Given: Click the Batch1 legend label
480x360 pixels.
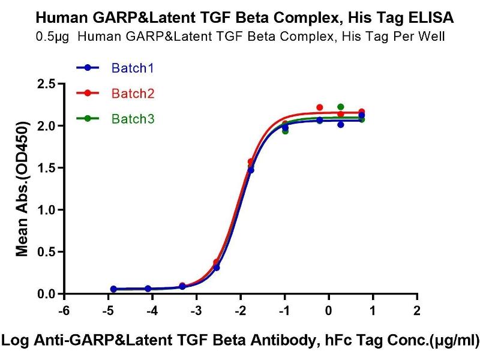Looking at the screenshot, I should coord(133,68).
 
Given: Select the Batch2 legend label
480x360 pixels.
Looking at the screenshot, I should coord(133,94).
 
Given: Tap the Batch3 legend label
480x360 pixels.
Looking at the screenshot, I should coord(133,119).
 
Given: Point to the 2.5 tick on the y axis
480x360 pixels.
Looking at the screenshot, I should coord(47,84).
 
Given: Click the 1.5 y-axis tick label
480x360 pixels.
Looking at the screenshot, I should coord(47,169).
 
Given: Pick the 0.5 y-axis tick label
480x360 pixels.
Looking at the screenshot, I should coord(47,253).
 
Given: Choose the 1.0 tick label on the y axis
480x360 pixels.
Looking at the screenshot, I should coord(47,211).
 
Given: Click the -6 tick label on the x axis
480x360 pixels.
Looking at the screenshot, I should coord(64,311).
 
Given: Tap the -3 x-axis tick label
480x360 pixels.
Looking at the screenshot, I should coord(196,311).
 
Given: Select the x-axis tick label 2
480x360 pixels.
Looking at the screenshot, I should coord(417,311).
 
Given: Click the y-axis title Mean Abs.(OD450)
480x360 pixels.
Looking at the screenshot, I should coord(22,189).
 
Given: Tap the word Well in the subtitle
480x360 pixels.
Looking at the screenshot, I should coord(431,37).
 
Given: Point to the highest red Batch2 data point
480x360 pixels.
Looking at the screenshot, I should coord(320,107).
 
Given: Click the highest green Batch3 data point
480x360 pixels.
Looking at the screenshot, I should coord(341,107).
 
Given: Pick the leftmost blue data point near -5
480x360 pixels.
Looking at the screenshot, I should coord(113,289).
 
